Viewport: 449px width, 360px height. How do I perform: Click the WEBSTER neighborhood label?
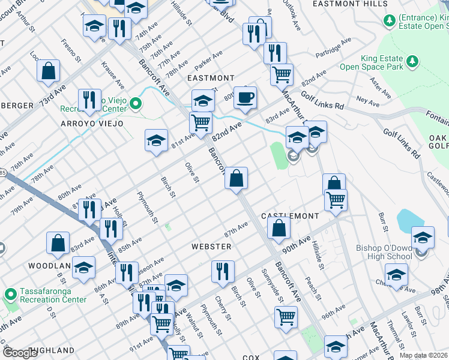pyautogui.click(x=211, y=247)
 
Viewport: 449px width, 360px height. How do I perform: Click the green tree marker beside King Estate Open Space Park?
pyautogui.click(x=412, y=61)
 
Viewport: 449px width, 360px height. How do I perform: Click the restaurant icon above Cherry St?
pyautogui.click(x=223, y=271)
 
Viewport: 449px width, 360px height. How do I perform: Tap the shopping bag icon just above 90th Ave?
pyautogui.click(x=279, y=227)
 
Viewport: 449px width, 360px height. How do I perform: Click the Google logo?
pyautogui.click(x=20, y=353)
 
